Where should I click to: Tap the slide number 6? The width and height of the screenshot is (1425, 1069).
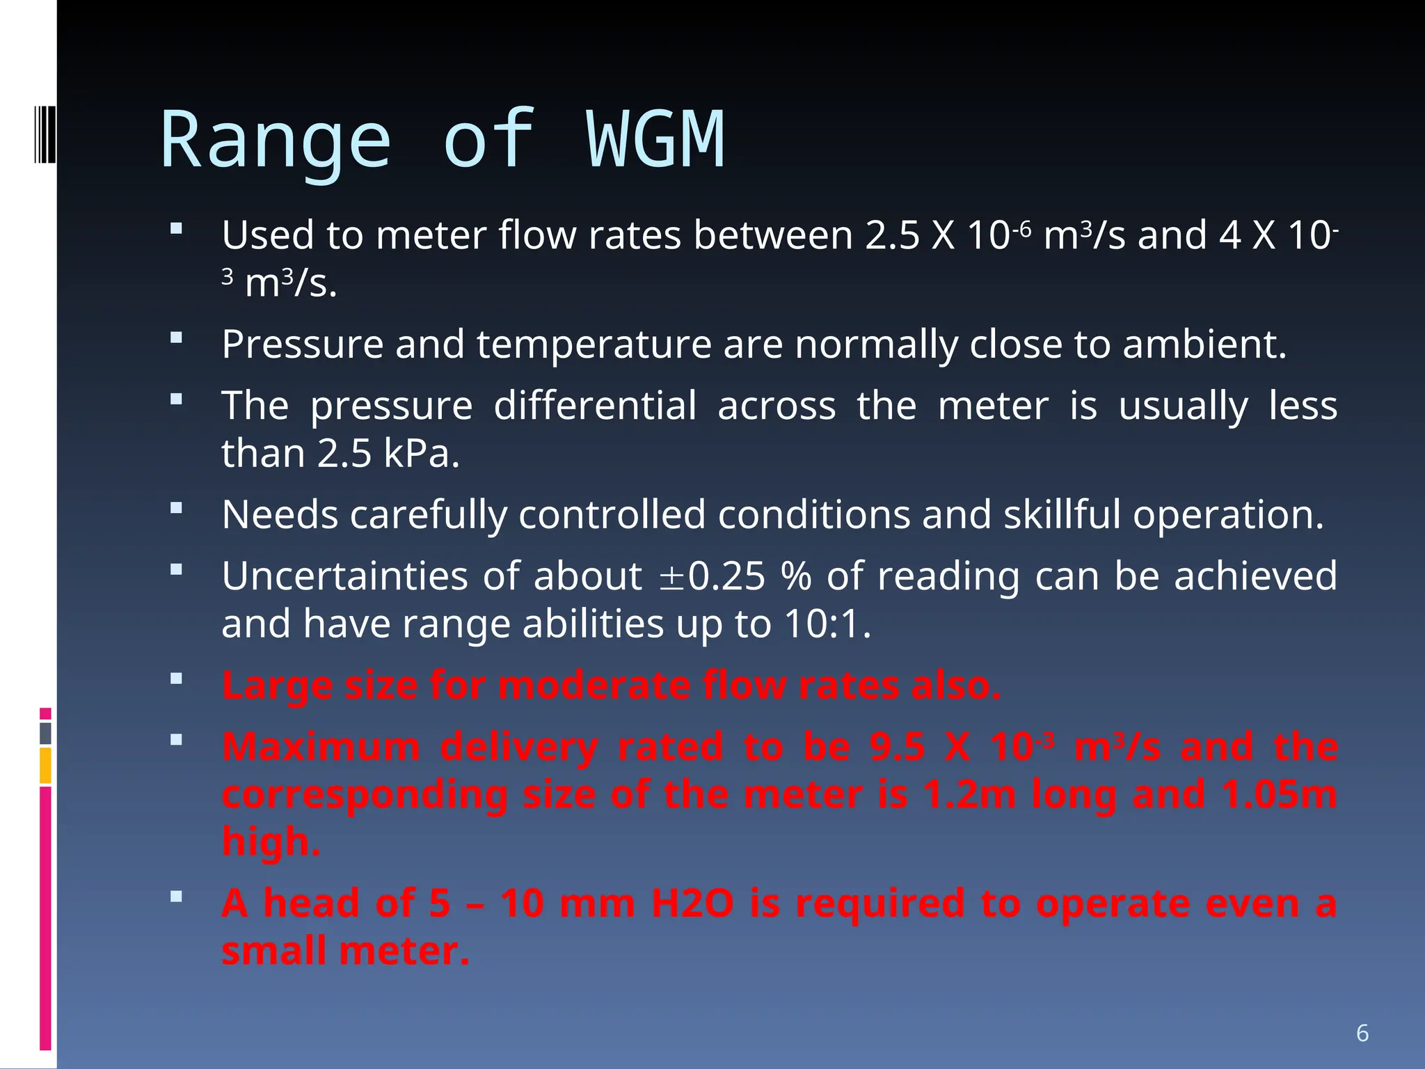pos(1362,1033)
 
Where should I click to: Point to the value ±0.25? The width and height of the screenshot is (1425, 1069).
pos(711,576)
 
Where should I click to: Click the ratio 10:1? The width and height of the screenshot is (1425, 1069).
pos(827,624)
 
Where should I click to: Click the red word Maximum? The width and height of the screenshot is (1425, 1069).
pos(321,747)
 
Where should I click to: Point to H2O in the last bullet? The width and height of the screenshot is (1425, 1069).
pos(692,903)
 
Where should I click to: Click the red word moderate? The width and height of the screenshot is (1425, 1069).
pos(593,685)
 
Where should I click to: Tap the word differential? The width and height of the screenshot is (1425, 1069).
pos(595,406)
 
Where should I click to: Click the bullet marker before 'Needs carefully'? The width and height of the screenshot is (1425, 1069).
pos(176,508)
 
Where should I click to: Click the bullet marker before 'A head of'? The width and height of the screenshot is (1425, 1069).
pos(176,896)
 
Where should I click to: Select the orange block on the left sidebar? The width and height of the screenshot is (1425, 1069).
pos(45,766)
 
